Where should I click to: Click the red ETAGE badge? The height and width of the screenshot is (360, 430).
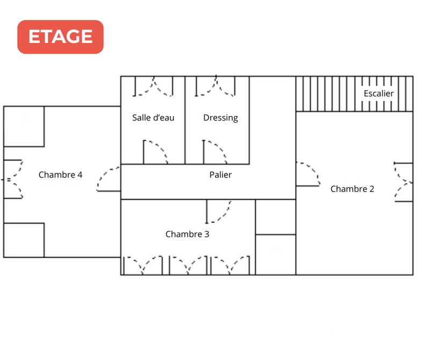[60, 37]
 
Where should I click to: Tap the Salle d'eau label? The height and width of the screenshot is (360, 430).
[153, 118]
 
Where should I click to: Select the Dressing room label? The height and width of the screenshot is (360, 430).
[220, 118]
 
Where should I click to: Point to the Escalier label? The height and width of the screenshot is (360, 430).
[378, 93]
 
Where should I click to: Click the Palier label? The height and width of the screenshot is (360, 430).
[220, 175]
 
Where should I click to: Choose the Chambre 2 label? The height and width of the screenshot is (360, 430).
[352, 189]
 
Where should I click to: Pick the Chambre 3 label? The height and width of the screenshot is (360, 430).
[187, 234]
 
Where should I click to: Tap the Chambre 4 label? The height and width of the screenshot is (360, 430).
[60, 175]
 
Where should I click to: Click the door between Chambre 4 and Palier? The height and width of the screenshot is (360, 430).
[109, 179]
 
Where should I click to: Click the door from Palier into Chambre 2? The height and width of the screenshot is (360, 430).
[307, 174]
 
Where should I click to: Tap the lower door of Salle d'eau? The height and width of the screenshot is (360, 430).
[155, 152]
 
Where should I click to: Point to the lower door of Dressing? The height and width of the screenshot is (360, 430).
[214, 152]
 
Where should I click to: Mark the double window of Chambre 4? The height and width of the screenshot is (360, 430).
[13, 179]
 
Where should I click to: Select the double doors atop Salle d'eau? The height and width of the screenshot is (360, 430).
[153, 86]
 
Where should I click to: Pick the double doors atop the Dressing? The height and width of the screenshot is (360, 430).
[215, 86]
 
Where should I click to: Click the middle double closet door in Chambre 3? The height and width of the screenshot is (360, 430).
[188, 265]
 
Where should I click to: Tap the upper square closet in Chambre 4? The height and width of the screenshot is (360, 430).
[24, 126]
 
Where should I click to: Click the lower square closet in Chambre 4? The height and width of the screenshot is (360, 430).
[24, 240]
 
